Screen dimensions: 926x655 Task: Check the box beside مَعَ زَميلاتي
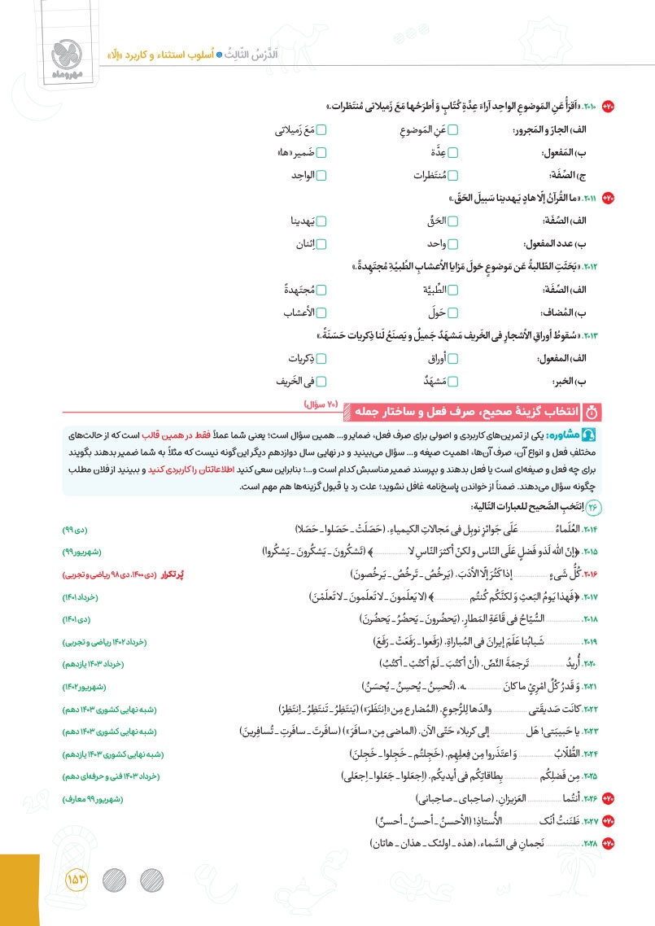coord(321,131)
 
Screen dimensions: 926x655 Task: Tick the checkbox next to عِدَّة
coord(454,152)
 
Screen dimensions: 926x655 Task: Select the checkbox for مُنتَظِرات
coord(454,174)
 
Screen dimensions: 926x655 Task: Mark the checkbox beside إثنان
coord(321,243)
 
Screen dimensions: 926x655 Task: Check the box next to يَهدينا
coord(321,221)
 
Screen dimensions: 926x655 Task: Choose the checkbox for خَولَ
coord(454,312)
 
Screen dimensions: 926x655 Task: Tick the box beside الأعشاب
coord(321,312)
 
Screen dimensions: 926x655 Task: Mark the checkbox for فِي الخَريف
coord(321,381)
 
